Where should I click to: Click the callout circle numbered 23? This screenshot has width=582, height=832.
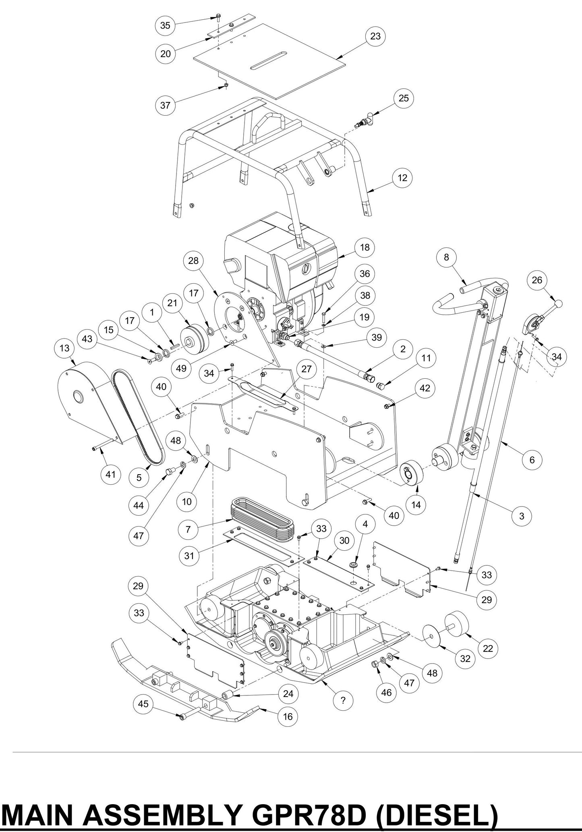(375, 36)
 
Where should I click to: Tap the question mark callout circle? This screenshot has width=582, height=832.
(343, 700)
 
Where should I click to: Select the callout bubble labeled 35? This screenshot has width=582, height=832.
(165, 25)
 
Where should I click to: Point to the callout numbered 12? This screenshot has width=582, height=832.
(402, 178)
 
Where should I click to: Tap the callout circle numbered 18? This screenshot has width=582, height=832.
(365, 247)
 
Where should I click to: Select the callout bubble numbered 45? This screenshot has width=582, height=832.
(143, 704)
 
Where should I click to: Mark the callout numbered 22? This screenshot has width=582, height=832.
(488, 649)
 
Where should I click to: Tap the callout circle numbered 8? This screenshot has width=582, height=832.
(446, 257)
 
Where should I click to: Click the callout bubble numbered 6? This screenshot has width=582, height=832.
(532, 460)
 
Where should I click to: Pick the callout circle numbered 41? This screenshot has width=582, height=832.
(110, 474)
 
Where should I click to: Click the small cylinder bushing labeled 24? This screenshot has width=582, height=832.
(227, 695)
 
